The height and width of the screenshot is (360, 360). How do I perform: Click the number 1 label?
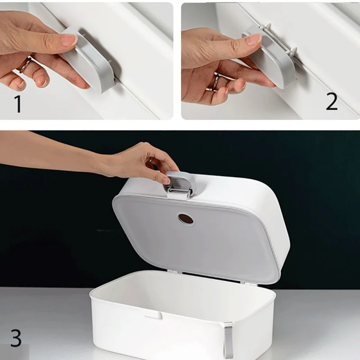click(x=18, y=104)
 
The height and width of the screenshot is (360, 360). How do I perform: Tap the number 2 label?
click(x=332, y=101)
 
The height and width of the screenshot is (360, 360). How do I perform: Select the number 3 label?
click(x=16, y=338)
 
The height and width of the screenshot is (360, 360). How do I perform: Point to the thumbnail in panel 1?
click(x=70, y=40)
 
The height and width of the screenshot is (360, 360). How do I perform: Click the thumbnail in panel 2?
click(x=254, y=39)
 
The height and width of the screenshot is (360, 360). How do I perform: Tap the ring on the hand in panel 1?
click(x=25, y=65)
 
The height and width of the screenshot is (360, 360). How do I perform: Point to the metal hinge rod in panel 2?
click(x=278, y=39)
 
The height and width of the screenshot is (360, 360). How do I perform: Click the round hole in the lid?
click(x=185, y=219)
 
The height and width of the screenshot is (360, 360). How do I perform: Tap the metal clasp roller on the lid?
click(x=179, y=191)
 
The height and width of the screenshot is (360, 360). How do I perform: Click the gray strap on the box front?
click(x=229, y=340)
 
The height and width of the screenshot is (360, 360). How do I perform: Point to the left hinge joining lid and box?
click(x=173, y=272)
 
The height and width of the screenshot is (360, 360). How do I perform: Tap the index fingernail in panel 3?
click(x=166, y=180)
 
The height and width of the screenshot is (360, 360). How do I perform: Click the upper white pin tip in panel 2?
click(x=267, y=25)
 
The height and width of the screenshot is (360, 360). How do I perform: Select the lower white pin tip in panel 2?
click(x=293, y=50)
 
